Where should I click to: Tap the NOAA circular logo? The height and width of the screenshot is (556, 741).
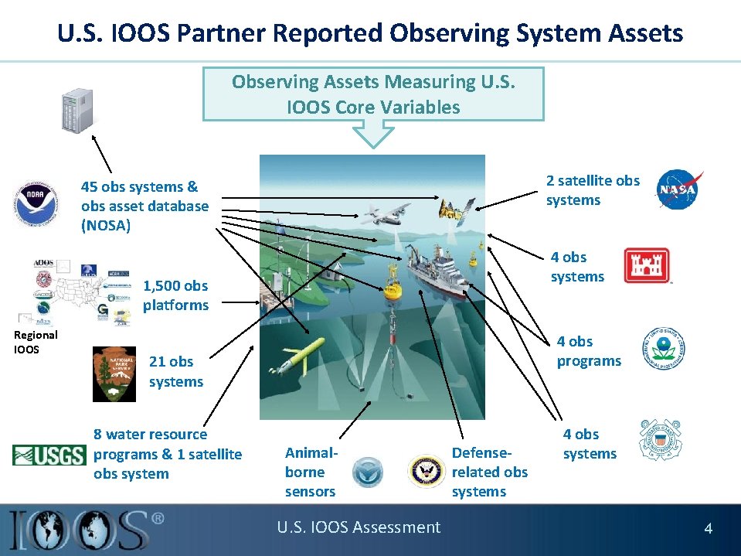click(35, 203)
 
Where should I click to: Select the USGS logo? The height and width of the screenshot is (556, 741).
click(49, 455)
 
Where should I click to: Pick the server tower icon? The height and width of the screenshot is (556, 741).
click(78, 108)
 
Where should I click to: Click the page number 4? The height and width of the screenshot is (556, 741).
click(708, 529)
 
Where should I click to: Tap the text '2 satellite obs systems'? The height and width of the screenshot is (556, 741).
click(593, 190)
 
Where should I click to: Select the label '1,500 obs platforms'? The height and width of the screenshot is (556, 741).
click(175, 295)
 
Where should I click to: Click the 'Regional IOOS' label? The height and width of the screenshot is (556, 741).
click(36, 342)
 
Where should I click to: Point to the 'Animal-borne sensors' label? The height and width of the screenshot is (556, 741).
click(311, 472)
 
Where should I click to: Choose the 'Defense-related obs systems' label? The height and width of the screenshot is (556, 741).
click(490, 472)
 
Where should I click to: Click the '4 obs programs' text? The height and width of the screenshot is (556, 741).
click(589, 351)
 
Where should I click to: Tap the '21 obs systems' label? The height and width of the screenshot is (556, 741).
click(176, 371)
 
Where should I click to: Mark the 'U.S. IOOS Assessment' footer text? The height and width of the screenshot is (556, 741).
click(359, 527)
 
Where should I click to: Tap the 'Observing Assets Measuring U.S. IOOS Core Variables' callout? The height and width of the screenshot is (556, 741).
click(373, 94)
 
